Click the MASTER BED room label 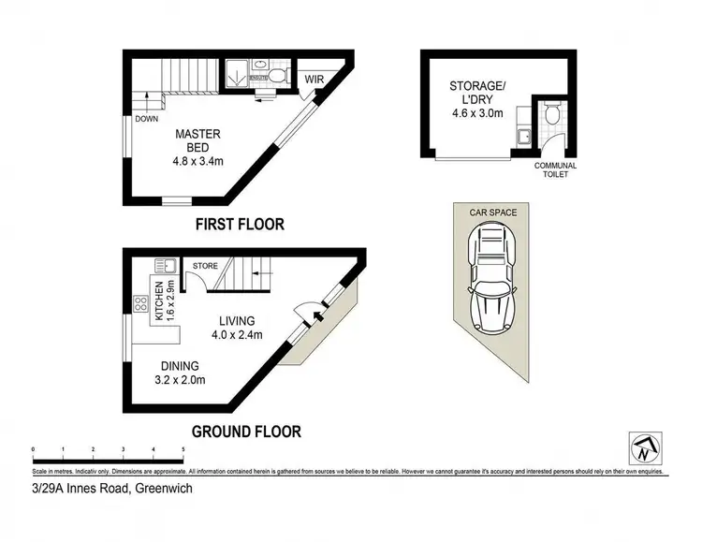197,147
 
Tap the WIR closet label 314,80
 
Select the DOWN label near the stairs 146,119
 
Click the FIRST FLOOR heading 239,225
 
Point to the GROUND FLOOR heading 246,432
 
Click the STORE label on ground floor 205,267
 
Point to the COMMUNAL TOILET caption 555,170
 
